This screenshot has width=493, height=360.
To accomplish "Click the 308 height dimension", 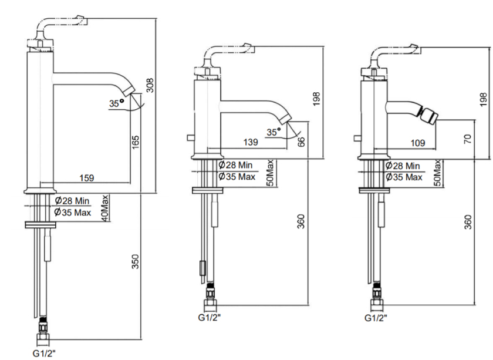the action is coord(150,85).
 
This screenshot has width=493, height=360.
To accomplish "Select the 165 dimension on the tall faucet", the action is coord(135,142).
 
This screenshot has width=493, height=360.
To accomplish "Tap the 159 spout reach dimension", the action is coord(87,178).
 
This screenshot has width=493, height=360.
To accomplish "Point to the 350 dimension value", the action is coord(135,261).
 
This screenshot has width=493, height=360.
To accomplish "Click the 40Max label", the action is coord(105,208).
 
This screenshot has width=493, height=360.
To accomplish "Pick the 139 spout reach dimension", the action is coord(251,142).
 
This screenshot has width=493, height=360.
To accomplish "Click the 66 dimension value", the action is coord(301,142).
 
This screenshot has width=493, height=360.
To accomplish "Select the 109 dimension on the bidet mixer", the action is coord(418,143).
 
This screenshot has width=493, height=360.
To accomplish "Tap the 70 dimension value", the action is coord(468,139).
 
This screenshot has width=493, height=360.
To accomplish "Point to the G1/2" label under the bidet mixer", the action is coord(376,318).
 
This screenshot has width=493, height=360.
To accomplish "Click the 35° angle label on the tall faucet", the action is coord(116,103).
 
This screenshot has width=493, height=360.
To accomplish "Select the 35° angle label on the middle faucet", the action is coord(273,132).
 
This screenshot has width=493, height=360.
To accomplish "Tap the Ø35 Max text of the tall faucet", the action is coord(73,213).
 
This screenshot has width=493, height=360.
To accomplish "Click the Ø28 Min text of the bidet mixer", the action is coord(403,166).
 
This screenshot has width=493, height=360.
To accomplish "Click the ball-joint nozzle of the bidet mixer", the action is coord(429,116).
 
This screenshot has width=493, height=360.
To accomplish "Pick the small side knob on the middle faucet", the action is coord(190,137).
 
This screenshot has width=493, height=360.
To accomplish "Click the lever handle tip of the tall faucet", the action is coord(82,20).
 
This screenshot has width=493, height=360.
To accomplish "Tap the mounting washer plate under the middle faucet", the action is coord(208,190).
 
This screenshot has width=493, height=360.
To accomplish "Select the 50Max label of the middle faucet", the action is coord(270,173).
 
